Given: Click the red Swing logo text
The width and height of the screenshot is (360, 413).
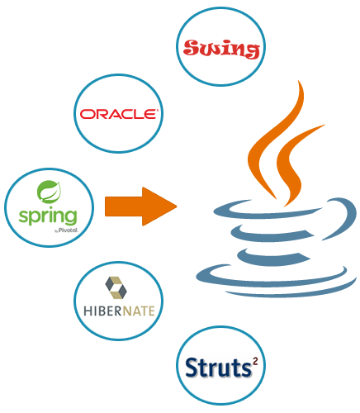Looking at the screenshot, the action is [221, 49].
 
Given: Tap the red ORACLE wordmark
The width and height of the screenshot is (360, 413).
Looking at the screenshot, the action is [119, 114].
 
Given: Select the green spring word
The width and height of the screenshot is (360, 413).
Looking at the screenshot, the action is [48, 216].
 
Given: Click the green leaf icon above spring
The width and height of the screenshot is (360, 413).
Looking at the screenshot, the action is [49, 192].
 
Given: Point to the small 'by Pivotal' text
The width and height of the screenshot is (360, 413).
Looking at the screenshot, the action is [66, 230].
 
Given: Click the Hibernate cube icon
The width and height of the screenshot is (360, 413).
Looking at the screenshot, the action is [116, 287].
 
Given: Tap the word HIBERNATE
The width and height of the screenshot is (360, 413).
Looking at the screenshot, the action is [119, 311].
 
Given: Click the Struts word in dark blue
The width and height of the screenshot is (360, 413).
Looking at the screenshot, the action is [218, 368].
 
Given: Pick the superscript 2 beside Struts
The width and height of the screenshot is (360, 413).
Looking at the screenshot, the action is [255, 361].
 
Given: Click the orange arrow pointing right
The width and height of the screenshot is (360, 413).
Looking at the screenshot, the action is [140, 206].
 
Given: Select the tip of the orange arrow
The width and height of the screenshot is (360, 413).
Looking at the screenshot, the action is [177, 206].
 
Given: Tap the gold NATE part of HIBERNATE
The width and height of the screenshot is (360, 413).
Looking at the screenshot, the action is [139, 311].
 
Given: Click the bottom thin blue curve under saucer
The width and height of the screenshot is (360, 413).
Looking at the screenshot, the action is [291, 293].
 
